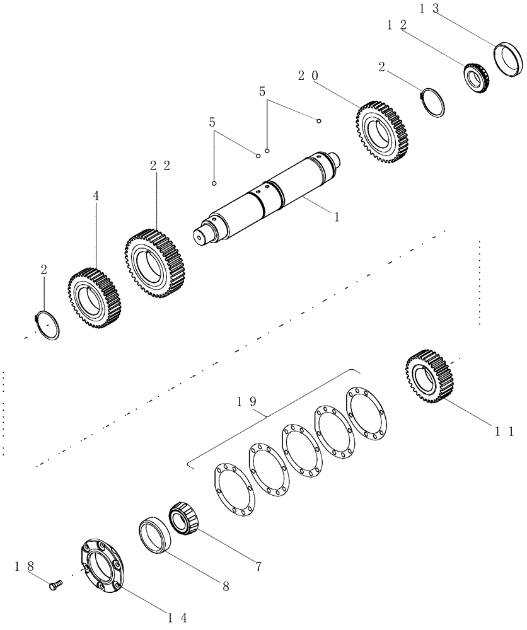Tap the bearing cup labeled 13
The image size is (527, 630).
click(508, 59)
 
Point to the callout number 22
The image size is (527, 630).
click(160, 166)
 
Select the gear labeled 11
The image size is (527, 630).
click(431, 376)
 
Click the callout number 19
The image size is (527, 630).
click(246, 401)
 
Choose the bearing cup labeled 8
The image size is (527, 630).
click(155, 535)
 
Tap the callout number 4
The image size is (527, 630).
click(96, 196)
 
